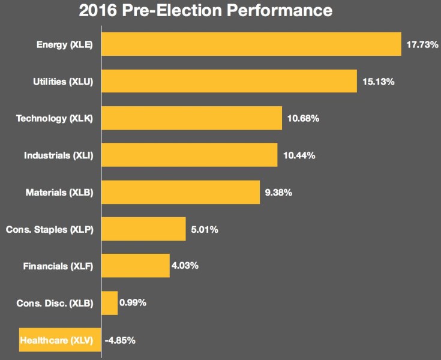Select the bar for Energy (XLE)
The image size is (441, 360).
[251, 44]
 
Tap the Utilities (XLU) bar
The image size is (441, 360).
[229, 81]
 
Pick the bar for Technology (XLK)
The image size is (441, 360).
[191, 118]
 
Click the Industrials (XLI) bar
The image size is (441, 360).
[189, 155]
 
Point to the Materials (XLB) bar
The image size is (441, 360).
[181, 192]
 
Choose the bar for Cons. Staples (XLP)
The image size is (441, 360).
[143, 229]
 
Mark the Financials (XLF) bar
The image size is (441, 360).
[136, 266]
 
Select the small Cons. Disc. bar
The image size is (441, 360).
[109, 303]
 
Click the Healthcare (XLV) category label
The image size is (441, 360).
[56, 341]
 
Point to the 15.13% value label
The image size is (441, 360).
[378, 82]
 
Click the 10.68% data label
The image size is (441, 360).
[303, 119]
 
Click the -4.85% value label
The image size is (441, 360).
[120, 341]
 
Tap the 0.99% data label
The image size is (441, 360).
[133, 303]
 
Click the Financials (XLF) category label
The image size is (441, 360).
[58, 266]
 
